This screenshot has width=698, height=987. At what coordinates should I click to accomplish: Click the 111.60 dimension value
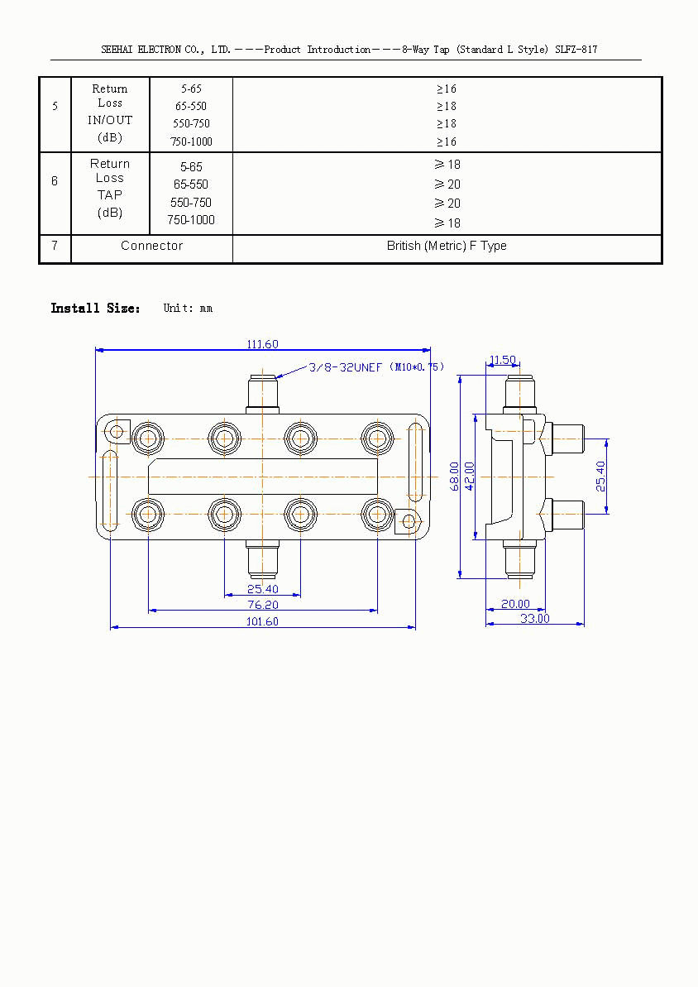pos(262,344)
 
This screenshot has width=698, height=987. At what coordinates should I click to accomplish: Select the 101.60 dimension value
pos(262,621)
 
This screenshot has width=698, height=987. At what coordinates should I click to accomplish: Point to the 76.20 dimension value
pos(262,605)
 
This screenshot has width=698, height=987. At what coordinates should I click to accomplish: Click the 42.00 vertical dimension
pos(469,477)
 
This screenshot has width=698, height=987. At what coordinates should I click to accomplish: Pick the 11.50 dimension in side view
pos(502,360)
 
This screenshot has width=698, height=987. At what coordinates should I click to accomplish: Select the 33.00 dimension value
pos(534,618)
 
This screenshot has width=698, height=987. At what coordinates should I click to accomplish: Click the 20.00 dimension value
pos(514,605)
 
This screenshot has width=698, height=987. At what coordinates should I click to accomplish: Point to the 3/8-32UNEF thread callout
pos(345,367)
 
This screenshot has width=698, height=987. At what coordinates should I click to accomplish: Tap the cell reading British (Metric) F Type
pos(447,246)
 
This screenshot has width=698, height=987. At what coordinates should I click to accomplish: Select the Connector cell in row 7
pos(151,246)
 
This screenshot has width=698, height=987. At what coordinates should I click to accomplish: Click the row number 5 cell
pos(55,107)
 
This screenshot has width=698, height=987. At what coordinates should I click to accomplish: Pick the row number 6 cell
pos(55,180)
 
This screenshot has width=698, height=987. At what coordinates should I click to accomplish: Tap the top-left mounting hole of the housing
pos(116,430)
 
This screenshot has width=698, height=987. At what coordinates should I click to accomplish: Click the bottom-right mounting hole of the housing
pos(408,520)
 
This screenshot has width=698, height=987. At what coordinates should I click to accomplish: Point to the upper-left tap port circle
pos(148,438)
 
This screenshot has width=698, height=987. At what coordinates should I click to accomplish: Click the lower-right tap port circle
pos(377,514)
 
